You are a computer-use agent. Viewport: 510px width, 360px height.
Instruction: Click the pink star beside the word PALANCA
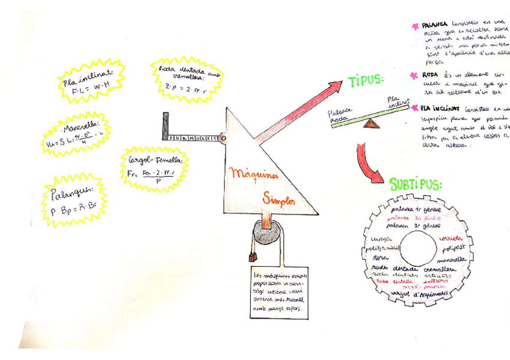[414, 25]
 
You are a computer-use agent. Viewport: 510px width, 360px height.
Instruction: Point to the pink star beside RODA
[414, 75]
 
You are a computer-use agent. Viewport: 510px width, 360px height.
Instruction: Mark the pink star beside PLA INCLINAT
[414, 108]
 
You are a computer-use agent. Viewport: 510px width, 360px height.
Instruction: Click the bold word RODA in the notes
[430, 75]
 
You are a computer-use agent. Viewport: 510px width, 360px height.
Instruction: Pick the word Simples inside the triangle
[279, 202]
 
